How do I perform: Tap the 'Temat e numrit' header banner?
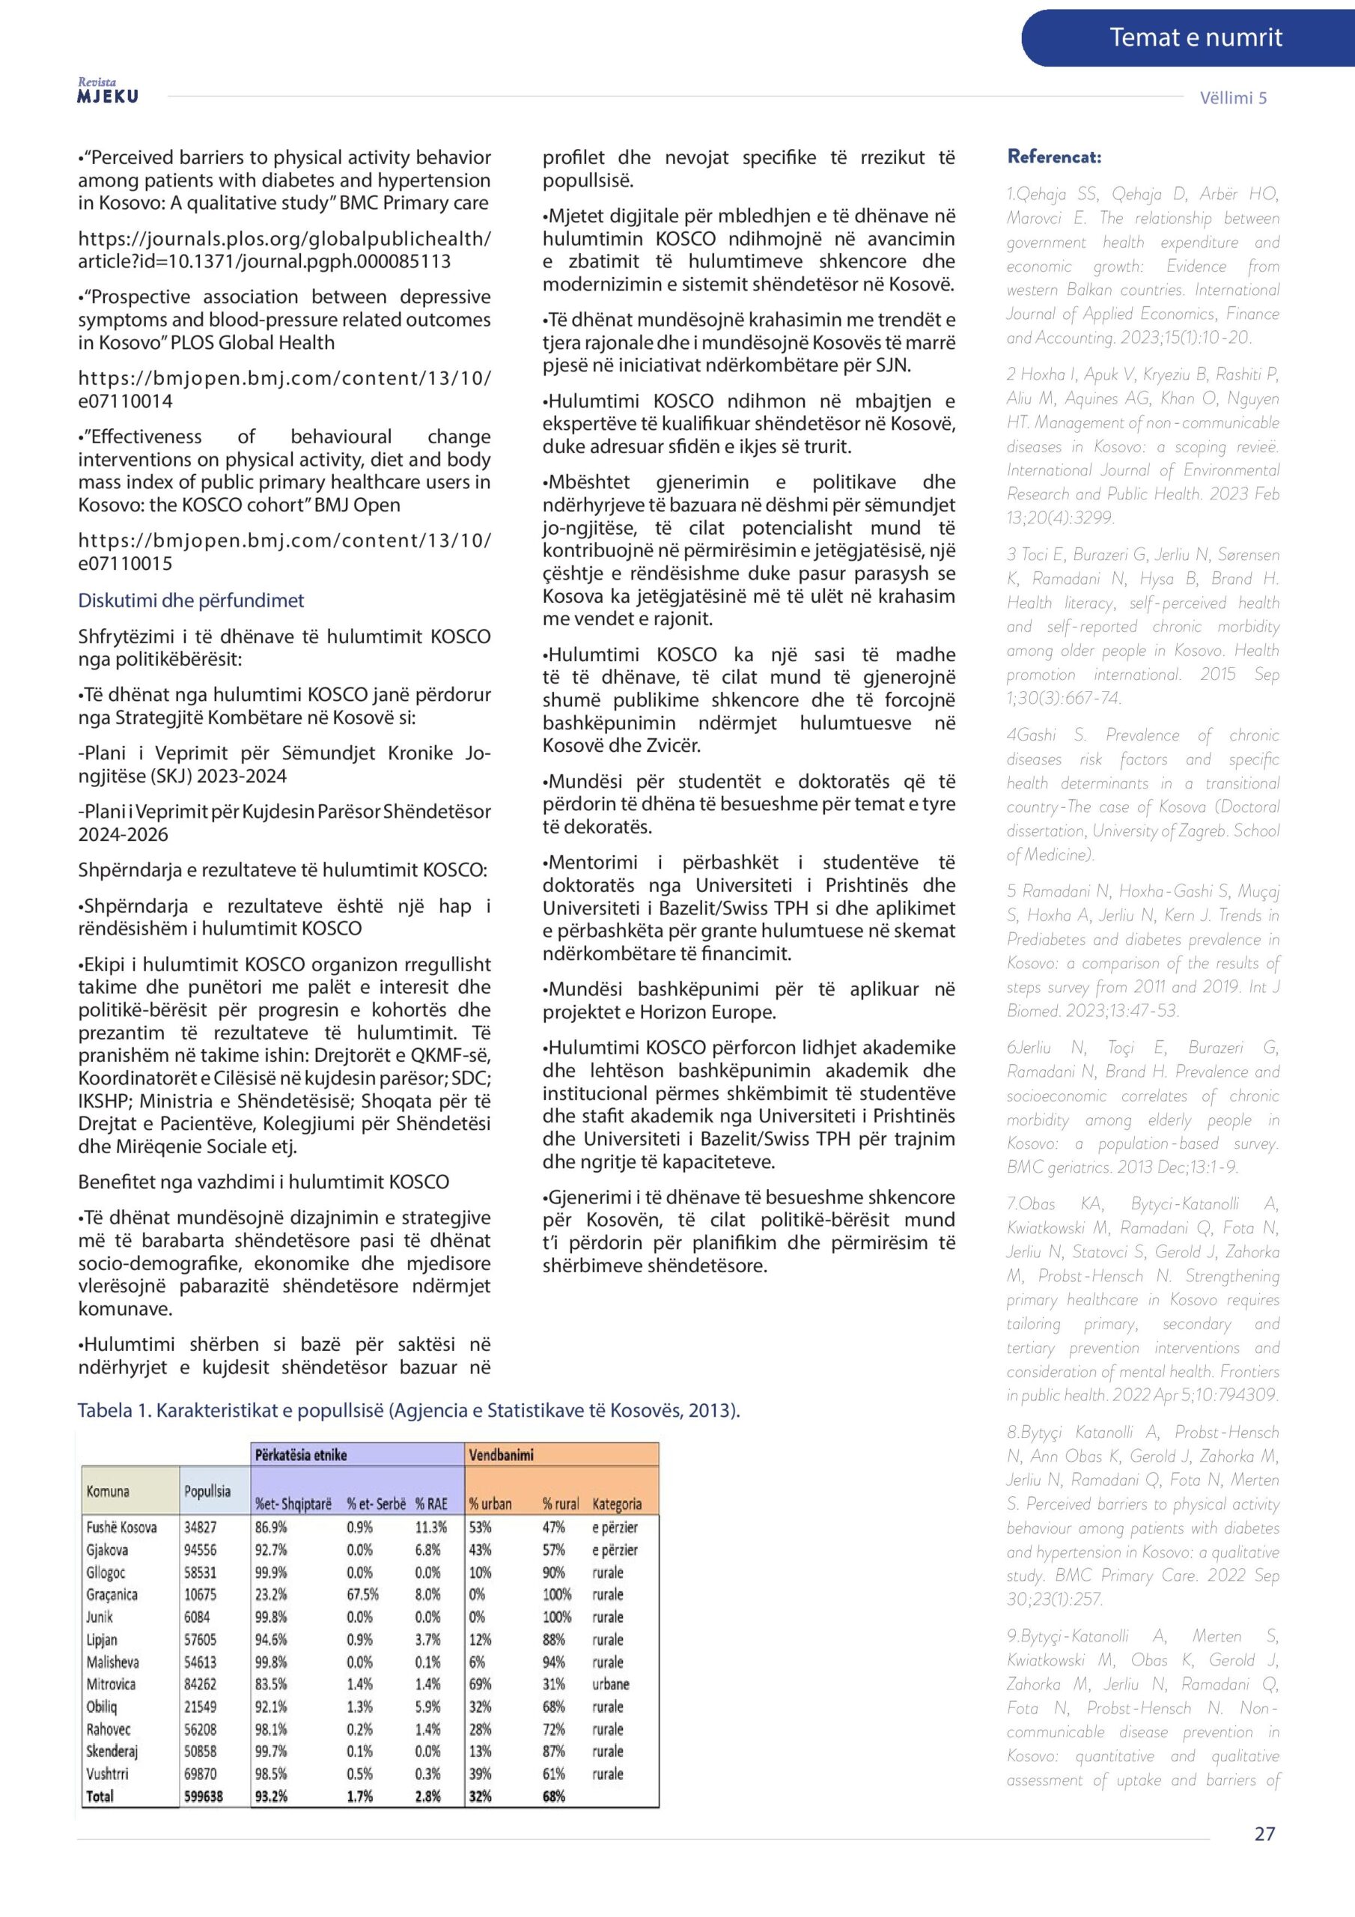point(1195,37)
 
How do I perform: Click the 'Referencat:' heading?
point(1053,157)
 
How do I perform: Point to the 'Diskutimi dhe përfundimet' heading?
point(190,601)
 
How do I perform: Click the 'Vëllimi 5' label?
point(1232,97)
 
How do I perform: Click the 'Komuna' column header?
point(108,1491)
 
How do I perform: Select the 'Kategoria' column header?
point(617,1504)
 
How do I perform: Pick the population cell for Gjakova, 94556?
point(201,1549)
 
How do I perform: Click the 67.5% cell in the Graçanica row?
point(362,1594)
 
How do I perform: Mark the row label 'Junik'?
point(100,1617)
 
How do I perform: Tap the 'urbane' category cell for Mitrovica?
point(610,1684)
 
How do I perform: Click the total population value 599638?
point(203,1796)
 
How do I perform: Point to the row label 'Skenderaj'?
point(112,1751)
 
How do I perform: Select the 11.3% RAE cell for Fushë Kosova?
point(430,1527)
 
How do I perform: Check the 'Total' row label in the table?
point(100,1796)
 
